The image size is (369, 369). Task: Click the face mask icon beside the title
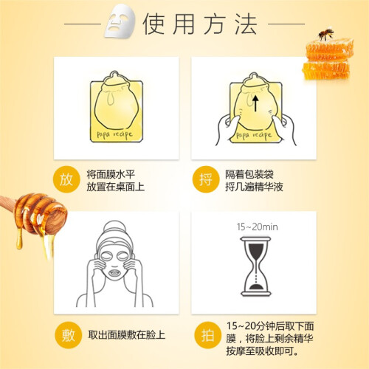click(120, 22)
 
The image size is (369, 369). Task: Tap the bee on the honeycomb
click(325, 34)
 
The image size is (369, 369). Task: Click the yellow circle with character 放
click(66, 180)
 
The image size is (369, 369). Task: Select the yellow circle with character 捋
click(206, 180)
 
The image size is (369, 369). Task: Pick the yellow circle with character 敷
click(68, 335)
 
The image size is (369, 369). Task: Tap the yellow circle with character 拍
click(207, 335)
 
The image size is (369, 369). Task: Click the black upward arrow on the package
click(255, 103)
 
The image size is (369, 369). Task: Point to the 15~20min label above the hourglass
click(257, 227)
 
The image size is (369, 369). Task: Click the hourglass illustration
click(256, 266)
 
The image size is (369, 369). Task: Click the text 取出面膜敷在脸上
click(127, 335)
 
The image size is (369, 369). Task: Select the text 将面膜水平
click(111, 174)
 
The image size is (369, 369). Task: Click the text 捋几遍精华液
click(254, 187)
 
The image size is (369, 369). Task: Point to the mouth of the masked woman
click(114, 273)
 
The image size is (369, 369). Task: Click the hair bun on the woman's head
click(114, 227)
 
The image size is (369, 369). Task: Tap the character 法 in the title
click(246, 24)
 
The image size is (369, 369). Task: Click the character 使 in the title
click(154, 24)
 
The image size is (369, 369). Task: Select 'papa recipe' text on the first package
click(114, 134)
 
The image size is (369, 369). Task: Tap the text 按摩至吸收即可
click(263, 351)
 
